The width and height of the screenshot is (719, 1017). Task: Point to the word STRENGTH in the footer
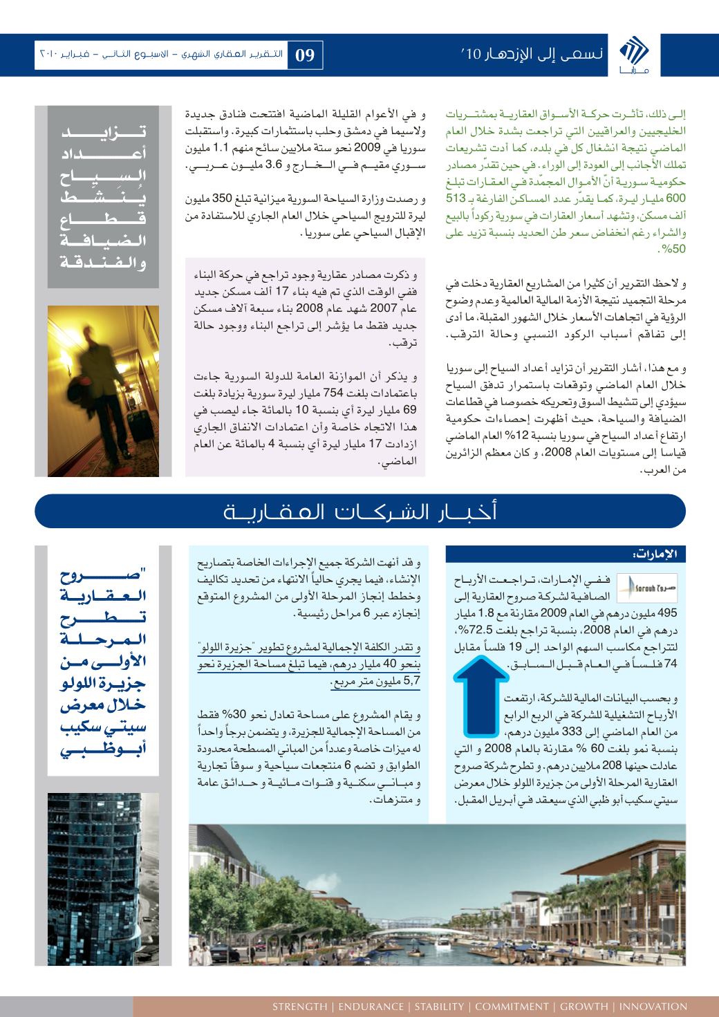click(x=299, y=1006)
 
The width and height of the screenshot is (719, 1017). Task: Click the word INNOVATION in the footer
click(x=653, y=1006)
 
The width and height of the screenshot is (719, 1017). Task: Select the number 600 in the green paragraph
click(x=674, y=196)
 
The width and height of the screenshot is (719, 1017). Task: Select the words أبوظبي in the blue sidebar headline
click(x=101, y=752)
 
